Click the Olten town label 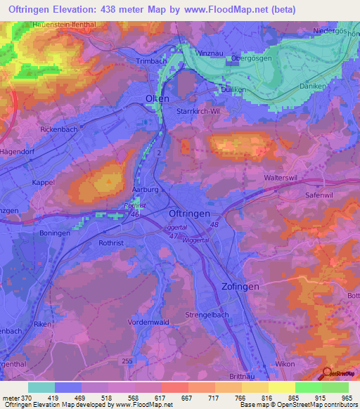(x=157, y=98)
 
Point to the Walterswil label (x=282, y=178)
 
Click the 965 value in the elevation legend (x=347, y=398)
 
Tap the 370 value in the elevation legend (x=23, y=398)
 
